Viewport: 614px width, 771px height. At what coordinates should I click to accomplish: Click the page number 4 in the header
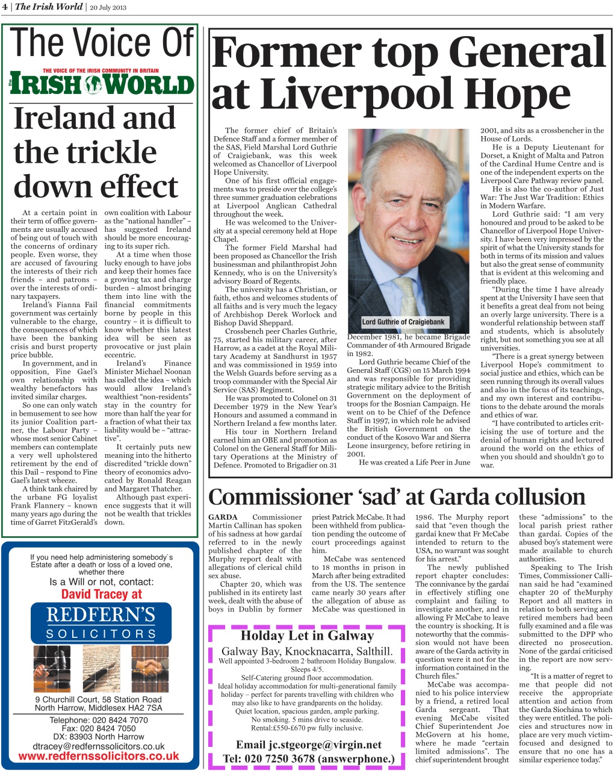[5, 7]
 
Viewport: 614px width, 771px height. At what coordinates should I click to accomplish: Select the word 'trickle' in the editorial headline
[85, 151]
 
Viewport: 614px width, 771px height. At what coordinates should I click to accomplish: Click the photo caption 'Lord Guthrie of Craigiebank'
[403, 322]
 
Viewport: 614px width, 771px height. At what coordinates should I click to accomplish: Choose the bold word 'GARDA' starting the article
[223, 517]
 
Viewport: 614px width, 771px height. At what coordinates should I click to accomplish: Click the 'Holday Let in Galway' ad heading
[307, 635]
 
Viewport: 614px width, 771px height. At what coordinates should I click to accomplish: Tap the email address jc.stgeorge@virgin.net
[308, 745]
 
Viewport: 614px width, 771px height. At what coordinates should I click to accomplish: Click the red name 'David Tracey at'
[101, 595]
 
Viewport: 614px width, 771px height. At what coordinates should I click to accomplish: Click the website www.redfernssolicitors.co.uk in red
[99, 755]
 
